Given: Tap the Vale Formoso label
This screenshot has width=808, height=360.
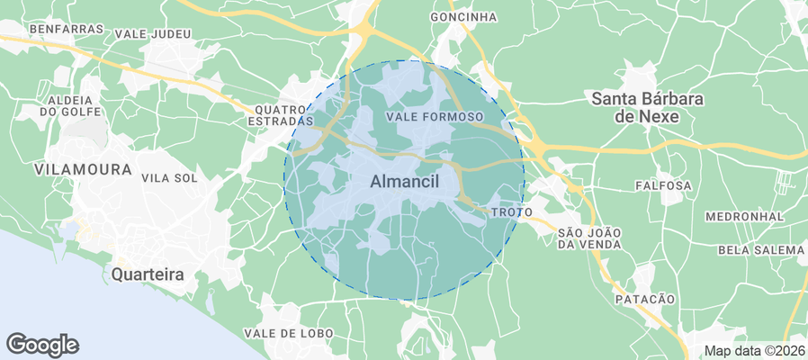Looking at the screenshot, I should pyautogui.click(x=434, y=117).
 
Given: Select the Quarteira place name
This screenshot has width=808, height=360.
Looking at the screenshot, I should pyautogui.click(x=148, y=274).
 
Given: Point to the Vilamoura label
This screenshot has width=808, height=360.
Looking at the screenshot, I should pyautogui.click(x=69, y=168).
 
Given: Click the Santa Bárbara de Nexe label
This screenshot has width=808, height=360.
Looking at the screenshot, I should pyautogui.click(x=646, y=107).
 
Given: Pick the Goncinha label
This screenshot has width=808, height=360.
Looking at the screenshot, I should pyautogui.click(x=463, y=16).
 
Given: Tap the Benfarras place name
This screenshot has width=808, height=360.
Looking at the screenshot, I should pyautogui.click(x=67, y=29).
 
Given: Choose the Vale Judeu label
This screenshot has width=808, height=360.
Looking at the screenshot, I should pyautogui.click(x=153, y=34).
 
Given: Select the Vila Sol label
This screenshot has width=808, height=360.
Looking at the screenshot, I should pyautogui.click(x=169, y=177).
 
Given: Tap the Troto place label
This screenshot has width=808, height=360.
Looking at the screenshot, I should pyautogui.click(x=513, y=211).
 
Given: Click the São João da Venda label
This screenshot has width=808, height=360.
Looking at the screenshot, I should pyautogui.click(x=589, y=238).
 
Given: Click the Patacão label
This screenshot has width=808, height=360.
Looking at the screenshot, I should pyautogui.click(x=644, y=298).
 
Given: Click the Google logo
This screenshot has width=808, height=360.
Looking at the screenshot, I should pyautogui.click(x=42, y=344).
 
